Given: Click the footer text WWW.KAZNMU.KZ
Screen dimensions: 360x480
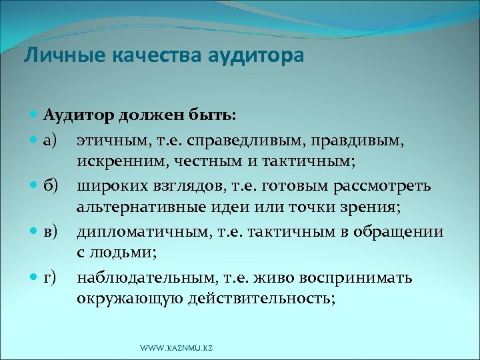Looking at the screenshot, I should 176,349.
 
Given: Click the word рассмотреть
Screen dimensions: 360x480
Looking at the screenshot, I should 388,185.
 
